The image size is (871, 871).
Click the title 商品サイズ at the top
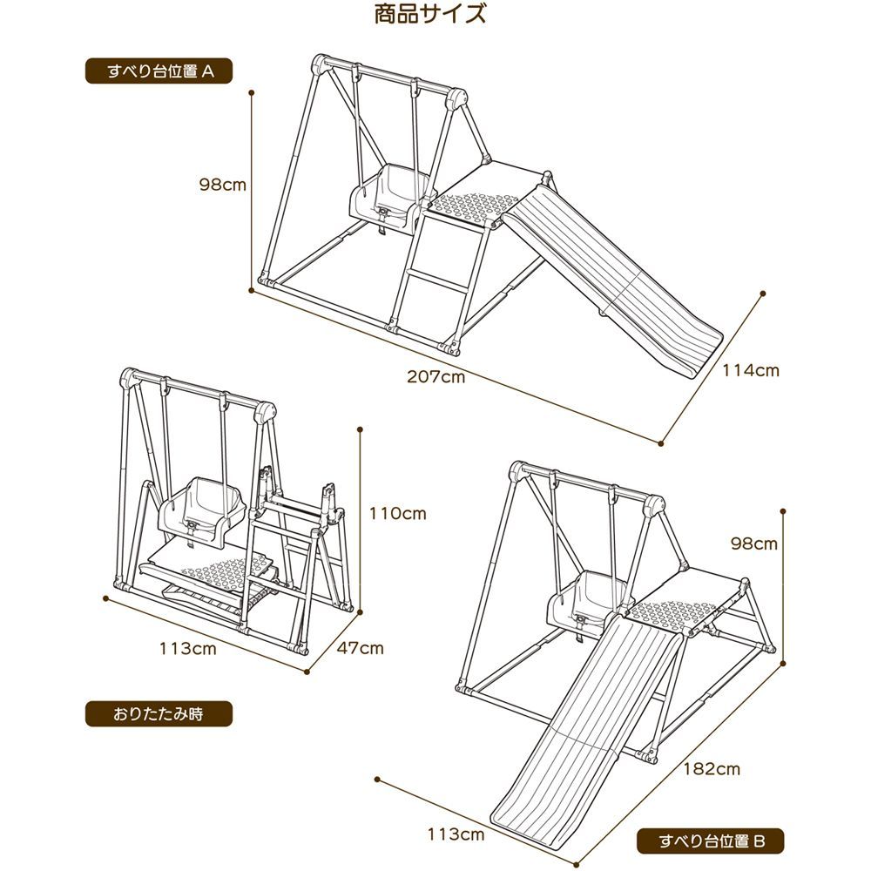tap(429, 15)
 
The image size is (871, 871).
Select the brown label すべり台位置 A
tap(159, 71)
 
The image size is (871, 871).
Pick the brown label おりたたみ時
tap(158, 713)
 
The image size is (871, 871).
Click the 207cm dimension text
tap(435, 377)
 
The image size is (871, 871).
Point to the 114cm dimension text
tap(751, 370)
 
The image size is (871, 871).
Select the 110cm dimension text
tap(397, 513)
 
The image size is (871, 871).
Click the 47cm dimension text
tap(361, 648)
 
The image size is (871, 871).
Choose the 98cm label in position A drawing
tap(223, 185)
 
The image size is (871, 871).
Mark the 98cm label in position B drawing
tap(754, 544)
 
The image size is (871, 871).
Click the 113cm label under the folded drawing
tap(187, 648)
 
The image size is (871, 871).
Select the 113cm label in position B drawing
tap(456, 834)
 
